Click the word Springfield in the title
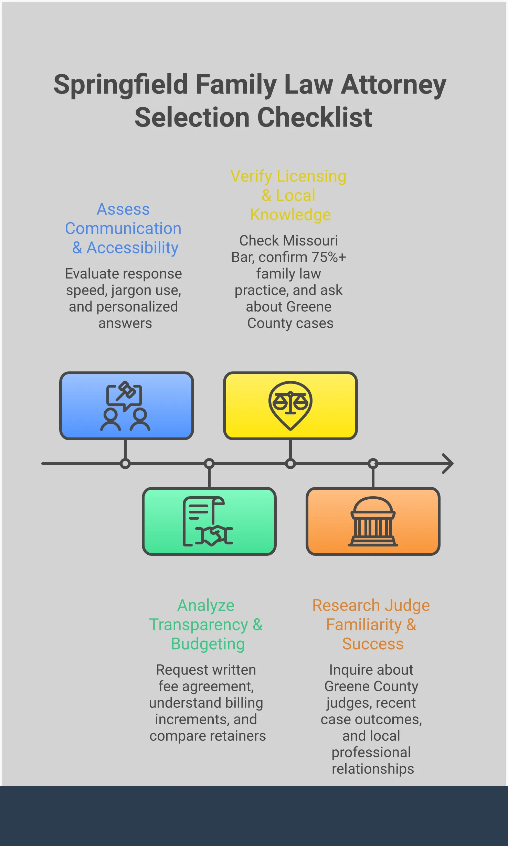(x=120, y=85)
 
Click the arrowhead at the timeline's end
(x=448, y=464)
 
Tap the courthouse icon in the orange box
(x=373, y=521)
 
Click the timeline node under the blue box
(x=125, y=464)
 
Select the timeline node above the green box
(x=209, y=464)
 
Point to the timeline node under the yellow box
(x=290, y=464)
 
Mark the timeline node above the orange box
(x=373, y=464)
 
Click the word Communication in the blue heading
(x=123, y=229)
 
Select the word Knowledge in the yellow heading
(x=290, y=215)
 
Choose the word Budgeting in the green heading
(x=208, y=644)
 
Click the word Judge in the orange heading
(x=407, y=606)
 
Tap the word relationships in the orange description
(x=373, y=769)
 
